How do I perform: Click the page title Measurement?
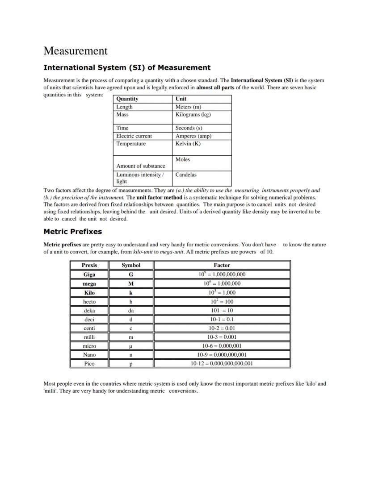pyautogui.click(x=76, y=51)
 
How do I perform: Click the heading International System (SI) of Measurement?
pyautogui.click(x=126, y=68)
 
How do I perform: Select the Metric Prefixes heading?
pyautogui.click(x=72, y=232)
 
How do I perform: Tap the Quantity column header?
pyautogui.click(x=127, y=99)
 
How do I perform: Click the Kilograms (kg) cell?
pyautogui.click(x=193, y=115)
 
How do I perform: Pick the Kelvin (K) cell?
pyautogui.click(x=188, y=144)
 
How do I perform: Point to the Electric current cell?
pyautogui.click(x=134, y=136)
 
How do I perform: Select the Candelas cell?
pyautogui.click(x=185, y=175)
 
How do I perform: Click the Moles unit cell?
pyautogui.click(x=182, y=159)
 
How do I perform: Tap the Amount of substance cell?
pyautogui.click(x=140, y=166)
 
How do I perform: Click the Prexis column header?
pyautogui.click(x=89, y=265)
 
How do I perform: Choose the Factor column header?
pyautogui.click(x=222, y=265)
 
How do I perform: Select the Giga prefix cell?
pyautogui.click(x=89, y=274)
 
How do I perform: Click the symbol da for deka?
pyautogui.click(x=131, y=311)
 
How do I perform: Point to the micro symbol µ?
pyautogui.click(x=131, y=346)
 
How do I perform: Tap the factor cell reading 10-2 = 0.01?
pyautogui.click(x=222, y=328)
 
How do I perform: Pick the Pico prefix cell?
pyautogui.click(x=89, y=364)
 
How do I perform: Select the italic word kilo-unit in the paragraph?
pyautogui.click(x=143, y=252)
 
